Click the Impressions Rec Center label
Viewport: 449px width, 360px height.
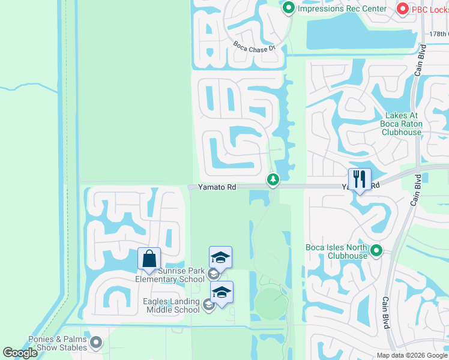click(341, 8)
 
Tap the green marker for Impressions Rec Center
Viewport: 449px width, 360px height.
click(289, 8)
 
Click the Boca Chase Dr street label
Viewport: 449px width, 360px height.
click(254, 46)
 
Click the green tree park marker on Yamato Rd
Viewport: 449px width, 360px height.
click(273, 179)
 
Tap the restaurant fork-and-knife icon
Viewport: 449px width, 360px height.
click(360, 179)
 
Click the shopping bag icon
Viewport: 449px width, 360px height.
click(149, 259)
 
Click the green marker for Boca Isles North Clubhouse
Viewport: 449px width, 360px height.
click(376, 250)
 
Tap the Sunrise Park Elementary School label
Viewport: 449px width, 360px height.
click(170, 275)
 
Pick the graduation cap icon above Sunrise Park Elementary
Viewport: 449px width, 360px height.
click(220, 257)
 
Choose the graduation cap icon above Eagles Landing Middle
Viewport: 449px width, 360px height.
click(221, 292)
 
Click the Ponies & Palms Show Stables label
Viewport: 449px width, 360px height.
click(58, 343)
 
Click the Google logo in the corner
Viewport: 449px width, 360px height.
click(20, 353)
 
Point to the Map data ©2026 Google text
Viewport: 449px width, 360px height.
click(411, 355)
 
